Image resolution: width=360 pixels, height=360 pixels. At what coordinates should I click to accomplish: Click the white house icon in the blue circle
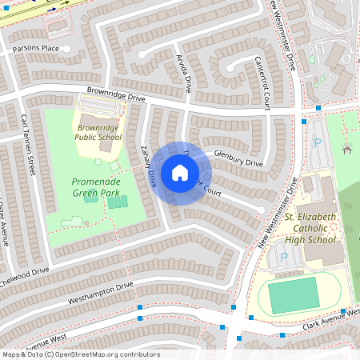coord(179,173)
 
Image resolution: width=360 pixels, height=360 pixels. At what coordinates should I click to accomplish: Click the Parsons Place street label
coord(36,49)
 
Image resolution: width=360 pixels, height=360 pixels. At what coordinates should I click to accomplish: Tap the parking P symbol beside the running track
coord(282,259)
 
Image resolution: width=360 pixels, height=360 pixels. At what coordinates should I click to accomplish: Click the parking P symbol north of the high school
coord(317,144)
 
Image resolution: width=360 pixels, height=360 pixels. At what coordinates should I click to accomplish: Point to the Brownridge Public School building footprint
coord(106,145)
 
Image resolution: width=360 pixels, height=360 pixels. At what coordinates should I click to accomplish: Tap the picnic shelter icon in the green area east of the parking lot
coord(347,148)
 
